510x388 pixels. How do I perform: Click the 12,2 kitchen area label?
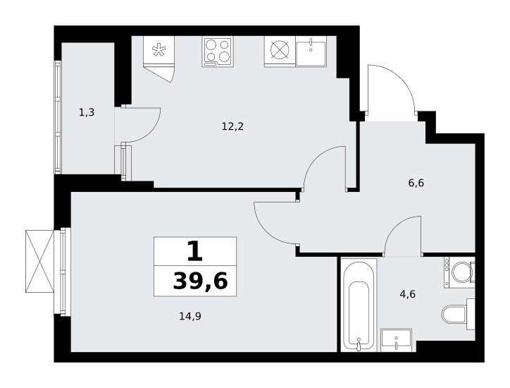[x=232, y=126]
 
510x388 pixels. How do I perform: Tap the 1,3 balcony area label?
[x=87, y=113]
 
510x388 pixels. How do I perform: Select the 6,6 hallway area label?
[x=416, y=183]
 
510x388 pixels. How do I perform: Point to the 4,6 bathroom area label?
[x=408, y=294]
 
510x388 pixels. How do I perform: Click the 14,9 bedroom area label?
[x=190, y=316]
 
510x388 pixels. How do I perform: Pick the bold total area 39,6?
[x=200, y=281]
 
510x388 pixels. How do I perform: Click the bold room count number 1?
[x=195, y=252]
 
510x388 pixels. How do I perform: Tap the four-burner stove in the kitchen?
[x=218, y=52]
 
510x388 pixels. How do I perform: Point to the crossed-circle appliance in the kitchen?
[x=280, y=51]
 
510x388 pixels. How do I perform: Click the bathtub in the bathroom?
[x=359, y=305]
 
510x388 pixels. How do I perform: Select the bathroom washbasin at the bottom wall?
[x=396, y=340]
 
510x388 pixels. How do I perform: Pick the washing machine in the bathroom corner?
[x=459, y=272]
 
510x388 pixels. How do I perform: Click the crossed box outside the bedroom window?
[x=39, y=261]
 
